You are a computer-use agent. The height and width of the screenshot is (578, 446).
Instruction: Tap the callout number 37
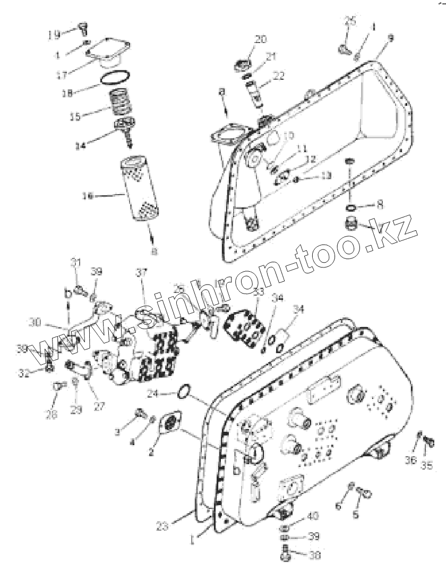pyautogui.click(x=140, y=273)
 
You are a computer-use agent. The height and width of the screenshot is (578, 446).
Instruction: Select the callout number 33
pyautogui.click(x=258, y=292)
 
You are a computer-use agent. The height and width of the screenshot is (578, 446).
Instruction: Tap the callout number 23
pyautogui.click(x=164, y=526)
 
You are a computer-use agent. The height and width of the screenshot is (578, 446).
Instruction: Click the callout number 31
pyautogui.click(x=75, y=262)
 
